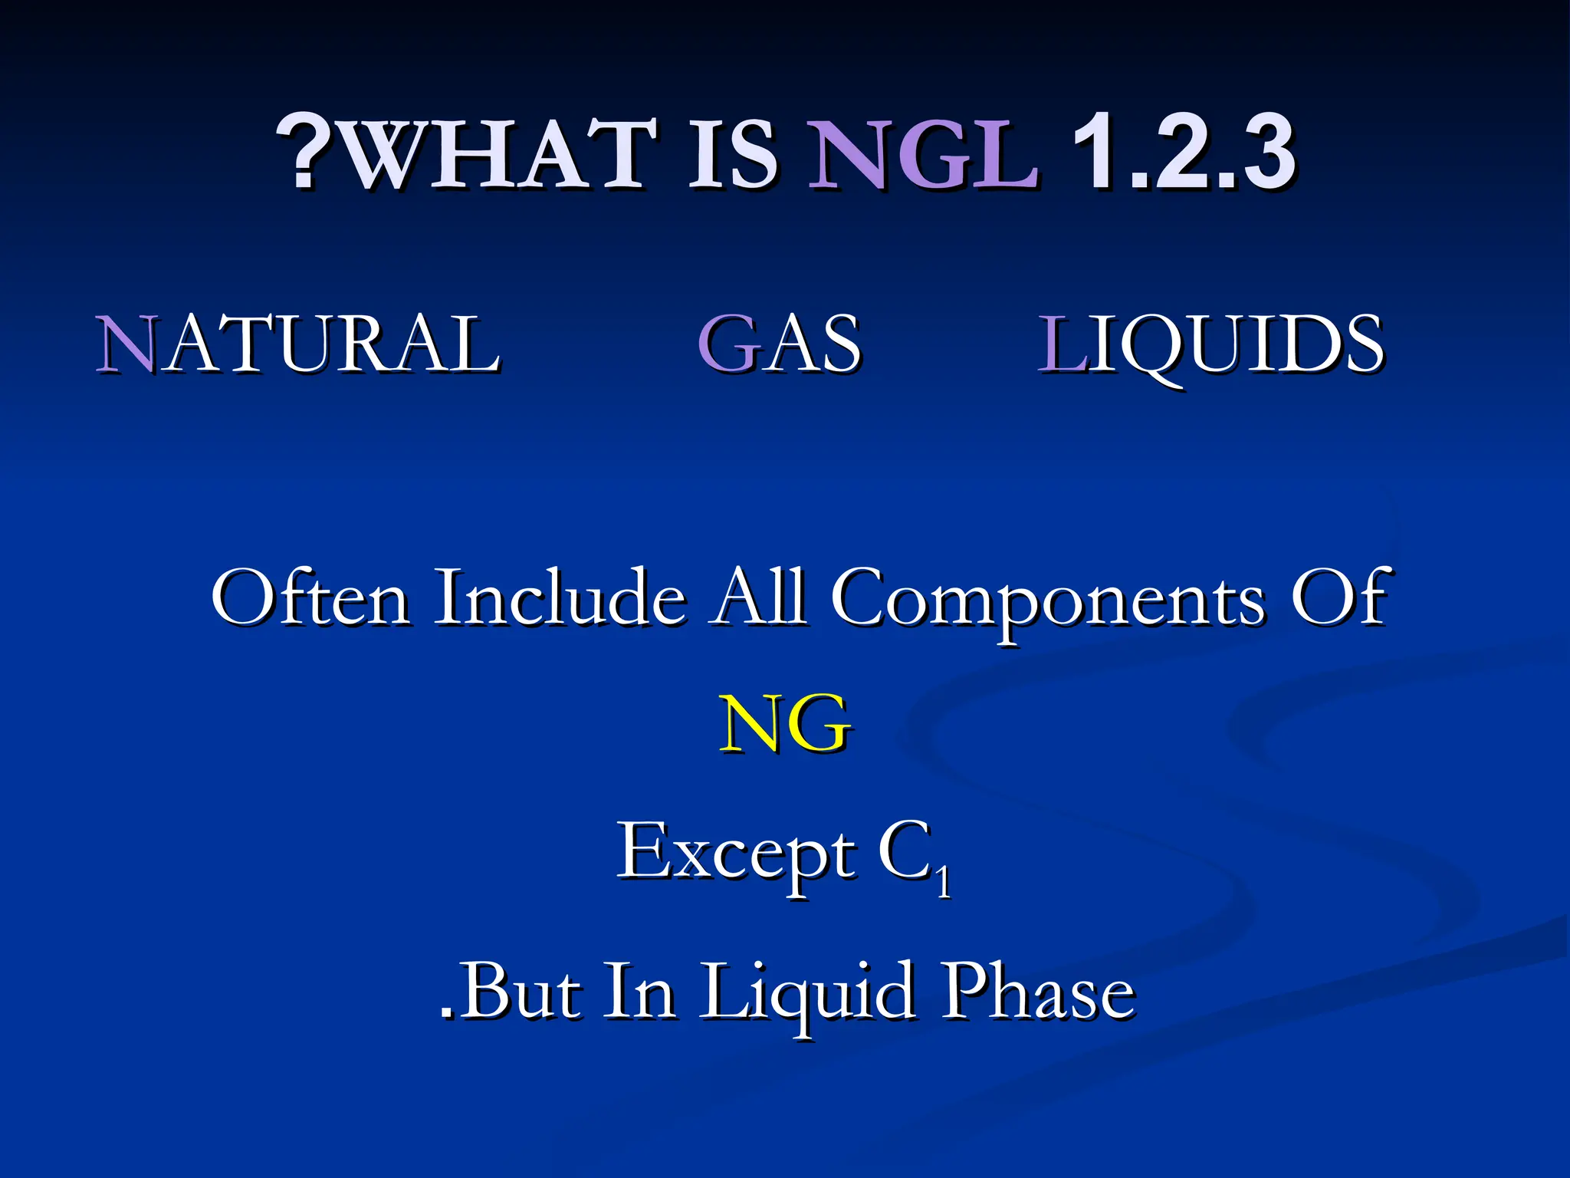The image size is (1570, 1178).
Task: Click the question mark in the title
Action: pos(303,152)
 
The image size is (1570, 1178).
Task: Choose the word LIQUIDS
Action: pos(1210,344)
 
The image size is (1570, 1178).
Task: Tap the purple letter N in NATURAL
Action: pos(126,344)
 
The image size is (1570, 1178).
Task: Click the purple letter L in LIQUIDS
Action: pos(1061,344)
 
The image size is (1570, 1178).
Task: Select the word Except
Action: pos(736,851)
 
